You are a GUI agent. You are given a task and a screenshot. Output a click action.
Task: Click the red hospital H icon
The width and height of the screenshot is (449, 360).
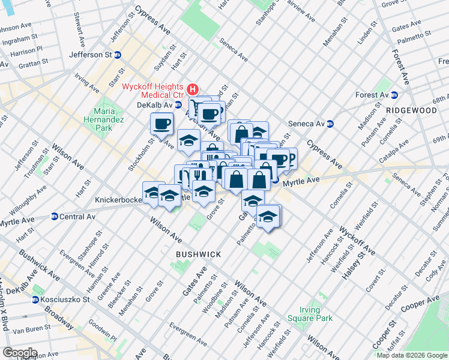[x=193, y=90]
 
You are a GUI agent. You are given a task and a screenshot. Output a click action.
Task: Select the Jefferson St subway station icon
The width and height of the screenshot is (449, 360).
[x=118, y=55]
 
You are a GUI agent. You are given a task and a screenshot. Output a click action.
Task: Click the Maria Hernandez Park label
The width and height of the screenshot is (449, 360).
[x=103, y=119]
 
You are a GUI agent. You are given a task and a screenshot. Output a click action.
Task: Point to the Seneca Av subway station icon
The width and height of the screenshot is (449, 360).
[x=330, y=124]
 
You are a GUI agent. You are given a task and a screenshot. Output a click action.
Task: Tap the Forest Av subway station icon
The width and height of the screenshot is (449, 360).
[x=395, y=95]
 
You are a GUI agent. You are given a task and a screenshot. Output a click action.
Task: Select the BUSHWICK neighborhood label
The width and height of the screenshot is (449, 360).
[x=198, y=254]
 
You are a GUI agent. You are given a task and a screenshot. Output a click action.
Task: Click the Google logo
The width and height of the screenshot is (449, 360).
[x=20, y=353]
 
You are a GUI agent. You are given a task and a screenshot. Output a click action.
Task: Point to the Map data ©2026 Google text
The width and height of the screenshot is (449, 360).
[x=411, y=355]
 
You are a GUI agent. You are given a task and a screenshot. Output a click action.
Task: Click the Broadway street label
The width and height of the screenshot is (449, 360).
[x=59, y=318]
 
